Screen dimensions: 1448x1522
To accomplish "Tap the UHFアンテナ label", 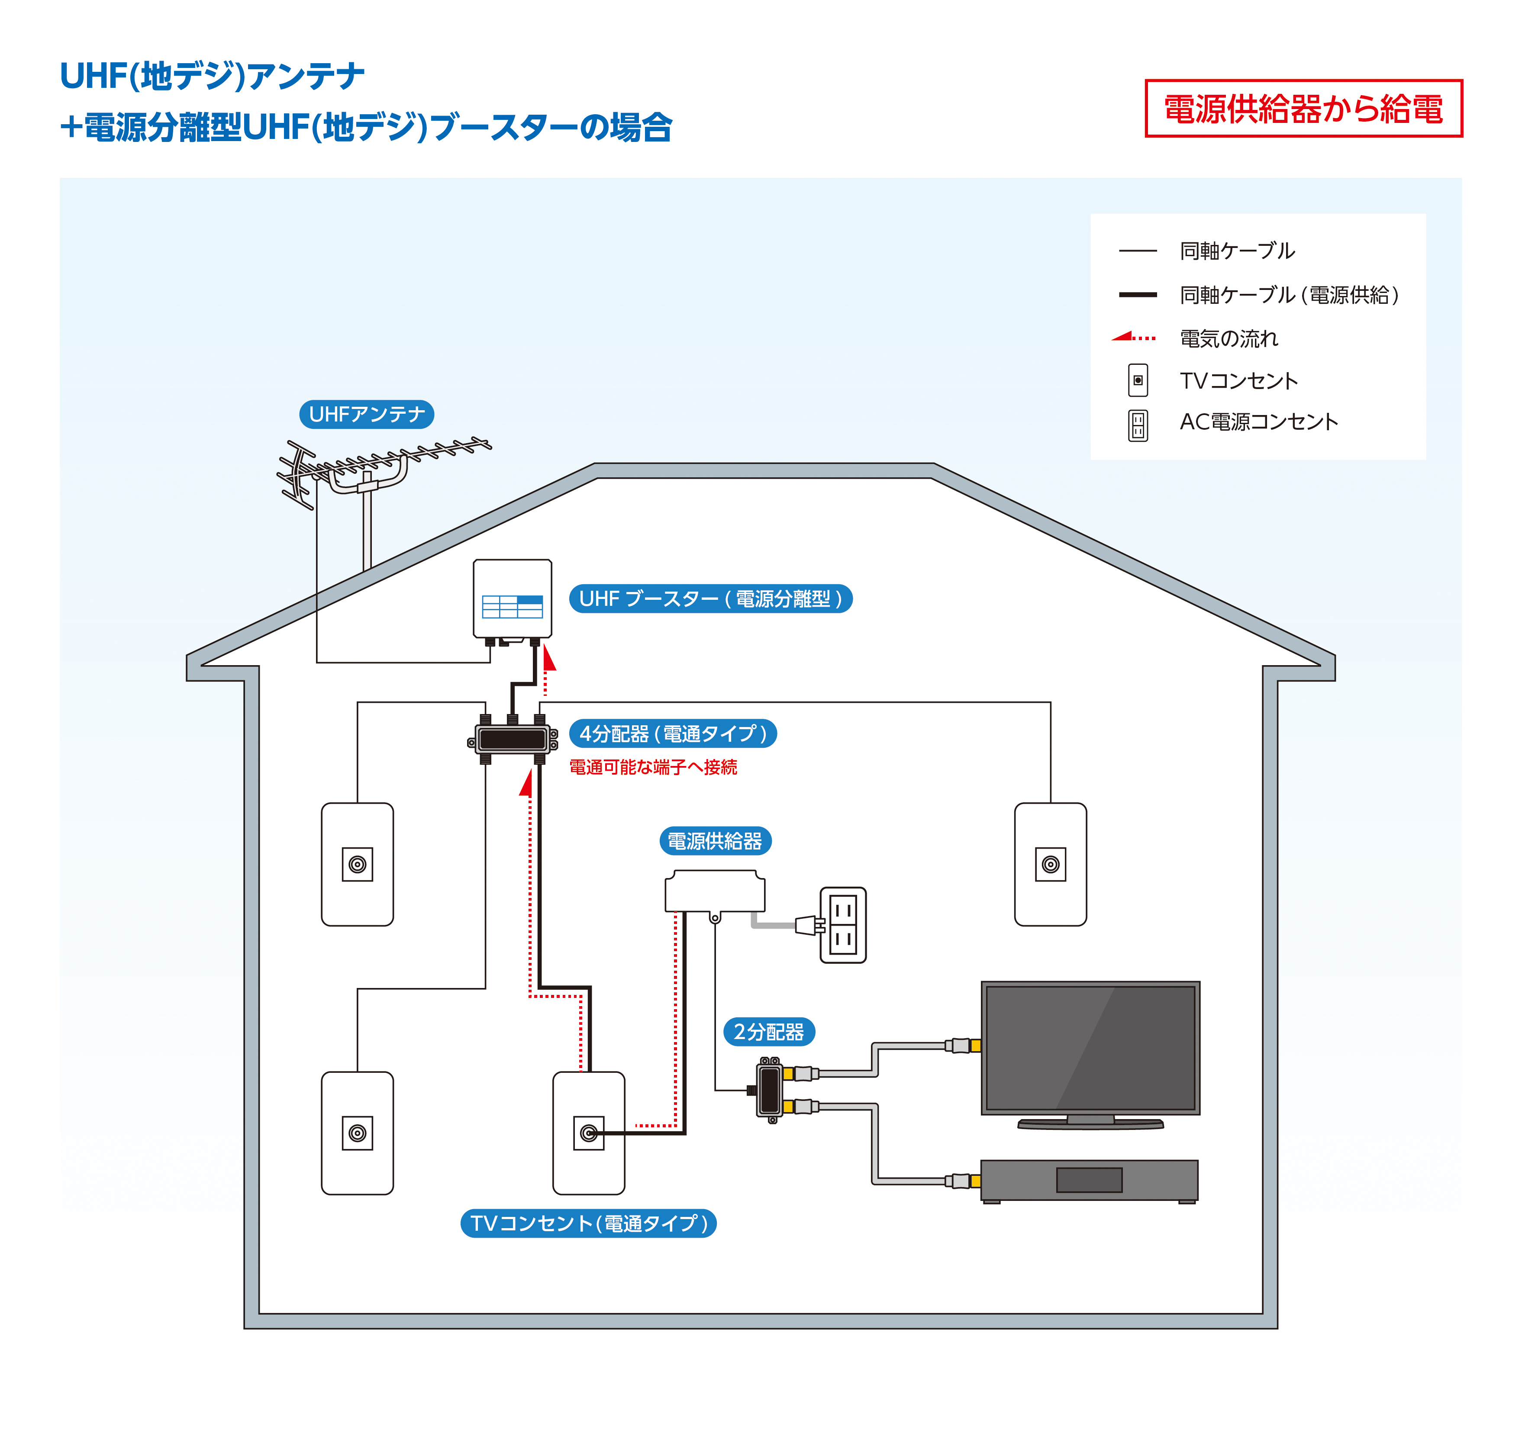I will point(366,415).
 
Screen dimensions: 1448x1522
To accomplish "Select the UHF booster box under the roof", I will point(512,599).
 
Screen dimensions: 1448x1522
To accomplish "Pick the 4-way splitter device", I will point(512,740).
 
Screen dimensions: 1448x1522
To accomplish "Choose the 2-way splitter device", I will point(770,1090).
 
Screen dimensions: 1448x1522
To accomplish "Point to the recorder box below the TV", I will point(1089,1180).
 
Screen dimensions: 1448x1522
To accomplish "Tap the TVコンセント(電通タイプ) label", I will point(588,1223).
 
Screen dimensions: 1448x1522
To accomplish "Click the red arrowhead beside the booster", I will point(549,658).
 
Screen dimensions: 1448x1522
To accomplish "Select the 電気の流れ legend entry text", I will point(1229,338).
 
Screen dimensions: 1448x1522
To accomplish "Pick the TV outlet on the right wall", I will point(1050,865).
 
